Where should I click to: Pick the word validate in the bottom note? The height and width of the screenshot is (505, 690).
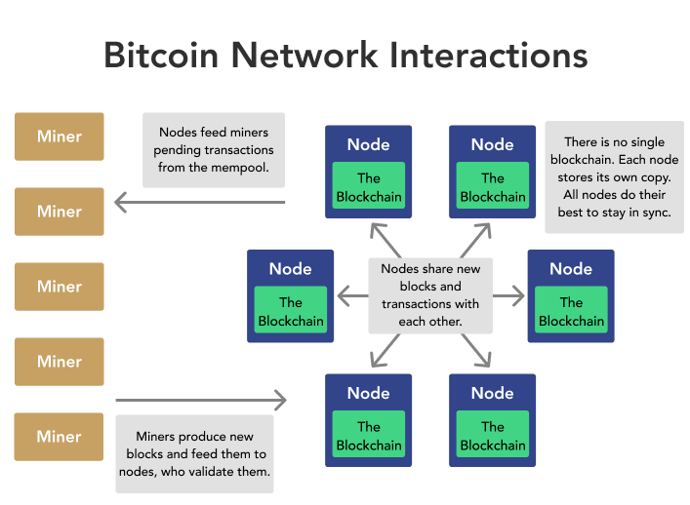point(225,473)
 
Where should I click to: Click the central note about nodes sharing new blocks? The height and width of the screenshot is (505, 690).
point(430,294)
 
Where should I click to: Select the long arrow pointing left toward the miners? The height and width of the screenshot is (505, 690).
point(200,203)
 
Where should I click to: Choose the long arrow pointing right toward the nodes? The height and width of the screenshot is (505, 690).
point(201,400)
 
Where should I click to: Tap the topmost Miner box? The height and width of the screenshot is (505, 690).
point(59,136)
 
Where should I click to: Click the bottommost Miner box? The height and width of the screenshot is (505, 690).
point(59,436)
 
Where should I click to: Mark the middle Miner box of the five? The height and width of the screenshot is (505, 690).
point(59,287)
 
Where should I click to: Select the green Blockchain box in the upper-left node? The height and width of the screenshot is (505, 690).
point(368,187)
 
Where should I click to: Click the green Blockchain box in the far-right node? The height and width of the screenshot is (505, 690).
point(571,312)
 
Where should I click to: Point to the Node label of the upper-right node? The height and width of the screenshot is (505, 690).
point(492,144)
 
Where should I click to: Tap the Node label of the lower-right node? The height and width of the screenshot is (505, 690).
point(492,393)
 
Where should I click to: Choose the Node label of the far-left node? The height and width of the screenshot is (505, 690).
point(290,269)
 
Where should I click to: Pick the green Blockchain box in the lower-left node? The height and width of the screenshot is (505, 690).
point(368,436)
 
